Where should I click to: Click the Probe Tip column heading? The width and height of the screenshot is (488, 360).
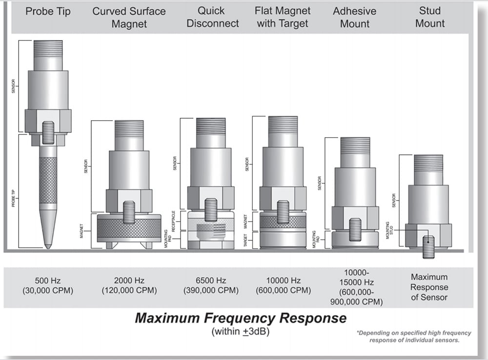[x=48, y=11]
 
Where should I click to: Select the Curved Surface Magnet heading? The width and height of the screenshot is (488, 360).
[x=129, y=17]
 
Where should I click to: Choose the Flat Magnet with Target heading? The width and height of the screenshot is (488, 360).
[x=283, y=17]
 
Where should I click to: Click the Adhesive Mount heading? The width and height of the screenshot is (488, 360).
[x=355, y=17]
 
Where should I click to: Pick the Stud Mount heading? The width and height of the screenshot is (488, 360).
[x=430, y=17]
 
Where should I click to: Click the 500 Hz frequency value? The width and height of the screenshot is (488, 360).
[x=48, y=281]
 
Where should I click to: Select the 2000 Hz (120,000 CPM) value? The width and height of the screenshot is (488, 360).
[x=129, y=286]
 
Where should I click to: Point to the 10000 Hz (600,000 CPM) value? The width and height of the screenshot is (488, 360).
[x=283, y=286]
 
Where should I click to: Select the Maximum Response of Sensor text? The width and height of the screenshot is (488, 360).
[x=429, y=287]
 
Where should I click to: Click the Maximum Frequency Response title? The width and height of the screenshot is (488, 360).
[x=241, y=318]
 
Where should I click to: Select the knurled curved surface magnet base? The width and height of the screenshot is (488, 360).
[x=129, y=228]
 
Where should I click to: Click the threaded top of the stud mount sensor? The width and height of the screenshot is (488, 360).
[x=428, y=163]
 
